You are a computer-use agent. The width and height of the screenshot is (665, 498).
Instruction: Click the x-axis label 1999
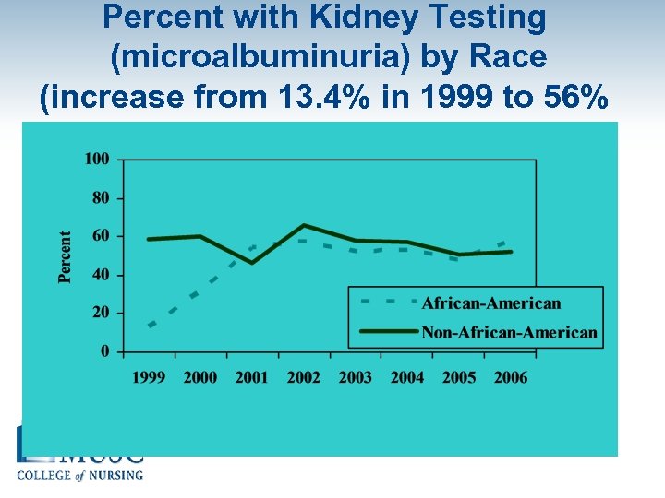pyautogui.click(x=149, y=377)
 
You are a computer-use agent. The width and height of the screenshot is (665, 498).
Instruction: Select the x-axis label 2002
pyautogui.click(x=304, y=377)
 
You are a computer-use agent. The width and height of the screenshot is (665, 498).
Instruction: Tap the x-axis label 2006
pyautogui.click(x=510, y=377)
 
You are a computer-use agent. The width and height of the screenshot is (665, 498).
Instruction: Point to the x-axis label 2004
pyautogui.click(x=407, y=377)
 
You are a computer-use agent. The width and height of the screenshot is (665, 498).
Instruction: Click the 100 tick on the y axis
pyautogui.click(x=97, y=159)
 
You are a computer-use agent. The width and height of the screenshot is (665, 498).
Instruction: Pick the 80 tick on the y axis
pyautogui.click(x=101, y=197)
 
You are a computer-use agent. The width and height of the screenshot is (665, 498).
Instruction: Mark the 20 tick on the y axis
pyautogui.click(x=101, y=313)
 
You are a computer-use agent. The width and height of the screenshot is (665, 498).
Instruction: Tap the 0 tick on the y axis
pyautogui.click(x=104, y=351)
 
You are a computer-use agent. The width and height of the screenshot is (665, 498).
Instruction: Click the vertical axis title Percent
pyautogui.click(x=66, y=256)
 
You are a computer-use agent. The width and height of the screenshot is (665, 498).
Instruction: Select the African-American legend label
pyautogui.click(x=490, y=303)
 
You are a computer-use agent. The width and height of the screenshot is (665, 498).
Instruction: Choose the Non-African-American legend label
pyautogui.click(x=509, y=332)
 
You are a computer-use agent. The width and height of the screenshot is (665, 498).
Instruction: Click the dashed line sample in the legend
pyautogui.click(x=383, y=302)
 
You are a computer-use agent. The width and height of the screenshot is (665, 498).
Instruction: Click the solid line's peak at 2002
pyautogui.click(x=304, y=225)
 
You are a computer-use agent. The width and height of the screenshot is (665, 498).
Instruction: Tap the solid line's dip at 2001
pyautogui.click(x=252, y=263)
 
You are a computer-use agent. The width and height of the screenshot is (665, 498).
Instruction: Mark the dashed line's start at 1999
pyautogui.click(x=150, y=326)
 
